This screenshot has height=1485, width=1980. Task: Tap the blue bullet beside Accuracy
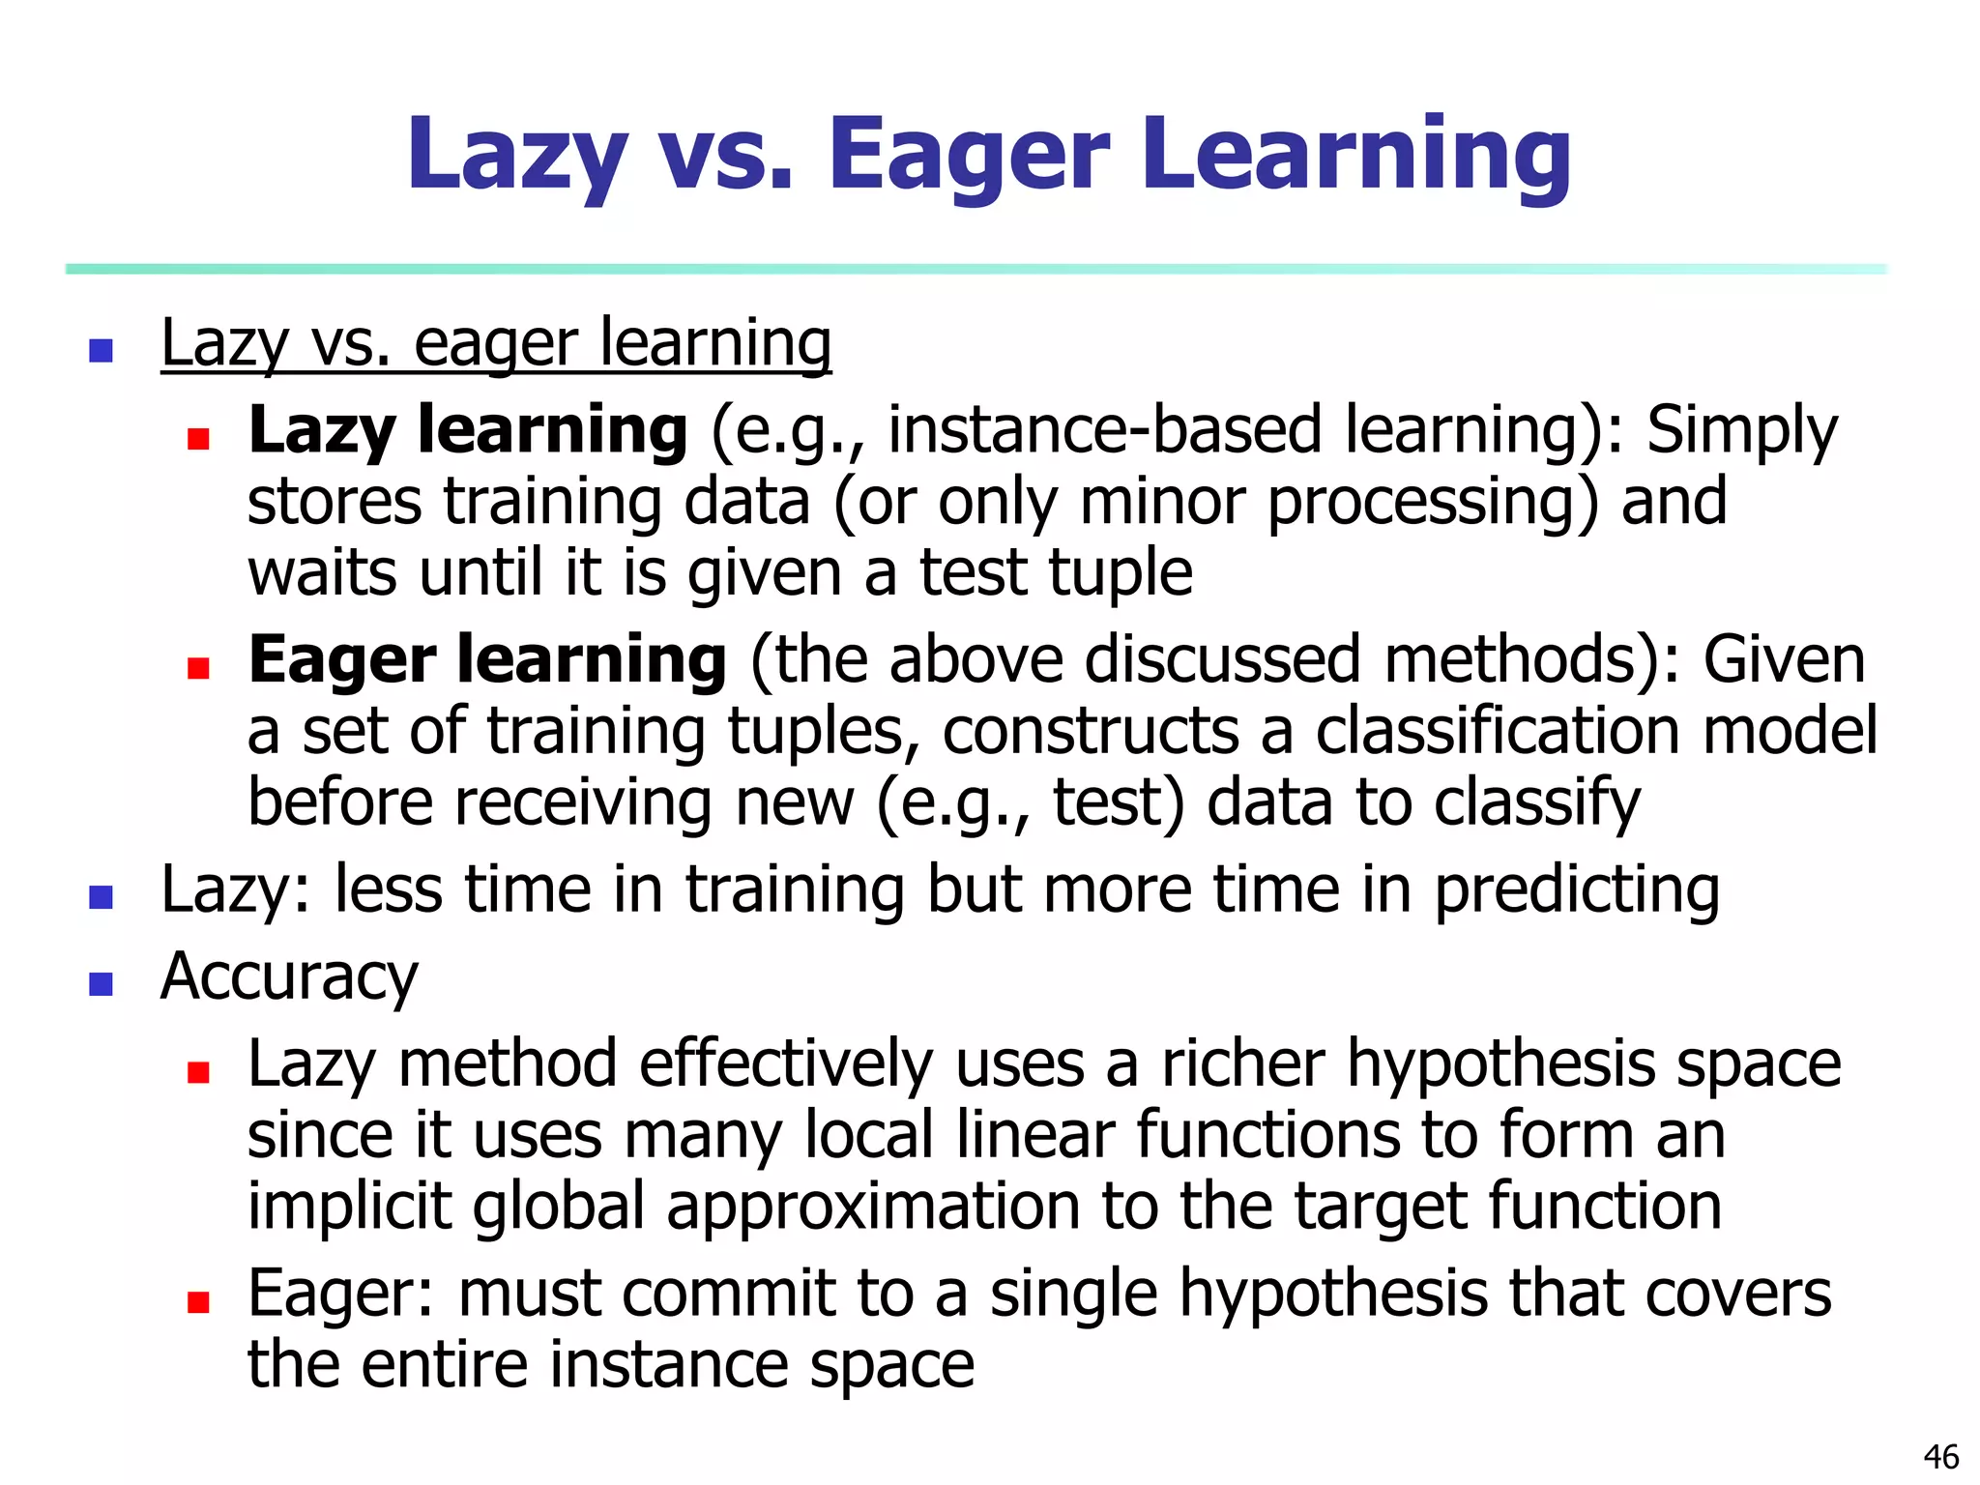pyautogui.click(x=101, y=984)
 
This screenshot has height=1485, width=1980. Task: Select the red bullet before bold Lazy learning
pyautogui.click(x=198, y=440)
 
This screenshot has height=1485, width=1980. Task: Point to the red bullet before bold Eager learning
pyautogui.click(x=198, y=668)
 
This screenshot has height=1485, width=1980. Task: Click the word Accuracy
pyautogui.click(x=289, y=976)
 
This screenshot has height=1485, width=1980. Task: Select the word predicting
pyautogui.click(x=1577, y=889)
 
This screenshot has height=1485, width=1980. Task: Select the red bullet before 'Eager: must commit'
pyautogui.click(x=198, y=1303)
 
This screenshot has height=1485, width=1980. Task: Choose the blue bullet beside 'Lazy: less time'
pyautogui.click(x=101, y=897)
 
